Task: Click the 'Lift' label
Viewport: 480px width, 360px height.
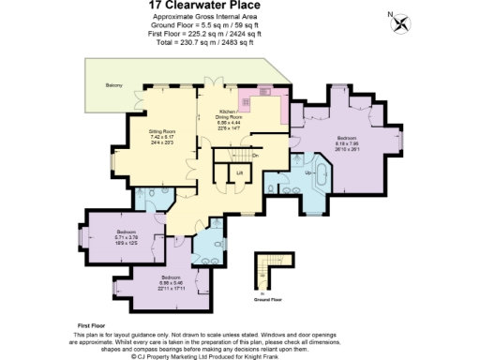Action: point(239,173)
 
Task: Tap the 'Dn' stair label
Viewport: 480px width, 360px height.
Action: point(255,154)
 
